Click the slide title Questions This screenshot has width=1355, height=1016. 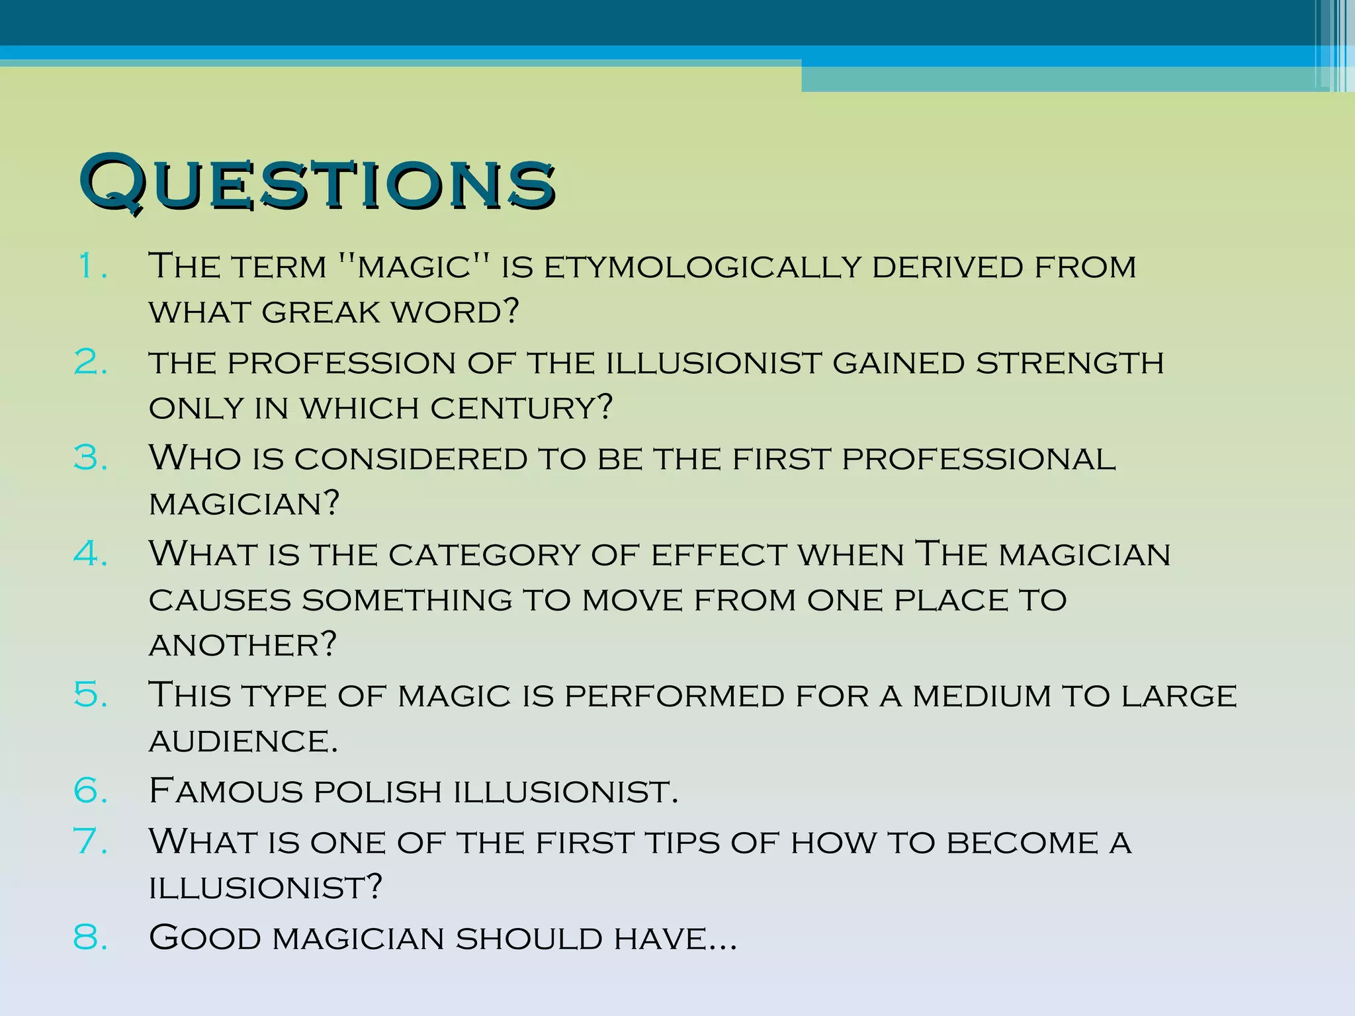click(317, 182)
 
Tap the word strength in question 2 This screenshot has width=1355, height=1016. click(1070, 363)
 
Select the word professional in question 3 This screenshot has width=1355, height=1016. click(979, 459)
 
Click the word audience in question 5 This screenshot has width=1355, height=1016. click(243, 741)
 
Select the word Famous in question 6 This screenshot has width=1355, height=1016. click(225, 791)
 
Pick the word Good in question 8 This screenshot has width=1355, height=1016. click(205, 939)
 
